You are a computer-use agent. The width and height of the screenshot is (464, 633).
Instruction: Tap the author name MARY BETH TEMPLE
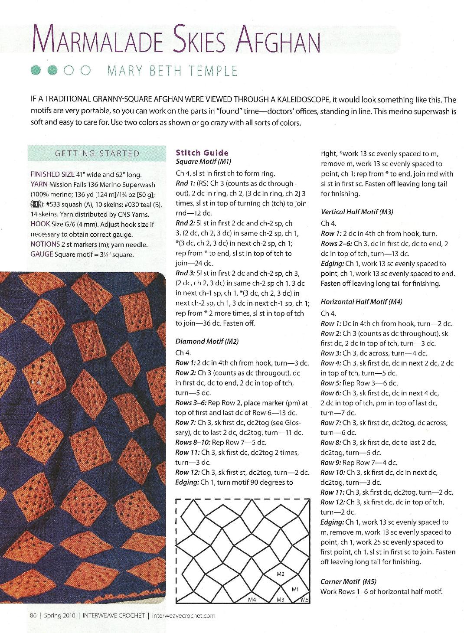pos(172,70)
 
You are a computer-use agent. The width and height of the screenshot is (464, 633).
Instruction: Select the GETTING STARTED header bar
pos(97,153)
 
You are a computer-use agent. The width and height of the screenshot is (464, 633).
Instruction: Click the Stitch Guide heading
pos(202,152)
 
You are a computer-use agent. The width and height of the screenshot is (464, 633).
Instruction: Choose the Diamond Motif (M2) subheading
pos(207,341)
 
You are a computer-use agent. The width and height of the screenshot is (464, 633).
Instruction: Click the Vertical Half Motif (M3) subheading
pos(356,212)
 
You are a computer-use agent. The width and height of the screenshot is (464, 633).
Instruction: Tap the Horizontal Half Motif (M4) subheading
pos(361,302)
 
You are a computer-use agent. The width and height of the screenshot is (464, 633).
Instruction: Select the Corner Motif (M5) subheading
pos(348,581)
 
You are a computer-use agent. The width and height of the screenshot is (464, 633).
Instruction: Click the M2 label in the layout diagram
pos(280,574)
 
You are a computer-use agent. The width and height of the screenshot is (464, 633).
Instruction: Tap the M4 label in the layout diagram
pos(252,600)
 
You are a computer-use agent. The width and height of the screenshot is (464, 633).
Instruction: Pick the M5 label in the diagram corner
pos(305,600)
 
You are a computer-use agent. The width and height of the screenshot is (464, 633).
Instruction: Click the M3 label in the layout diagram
pos(281,600)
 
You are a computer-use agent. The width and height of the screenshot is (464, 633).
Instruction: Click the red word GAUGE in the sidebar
pos(42,254)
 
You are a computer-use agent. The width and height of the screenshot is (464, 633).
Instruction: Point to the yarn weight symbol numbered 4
pos(36,204)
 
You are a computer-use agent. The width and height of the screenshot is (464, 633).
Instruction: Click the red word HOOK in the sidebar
pos(40,224)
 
